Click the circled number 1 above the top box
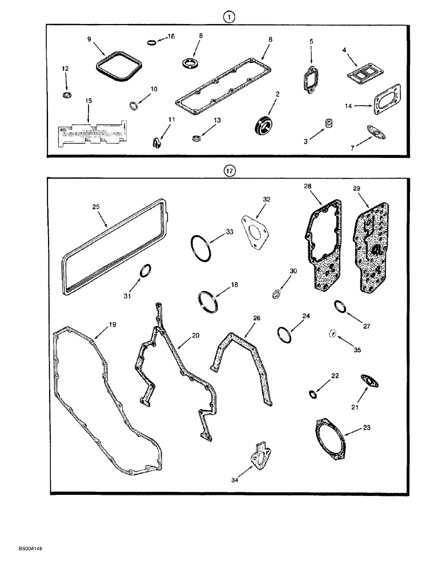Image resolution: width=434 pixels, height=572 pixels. [x=228, y=18]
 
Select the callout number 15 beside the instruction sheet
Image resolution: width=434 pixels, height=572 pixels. [x=89, y=101]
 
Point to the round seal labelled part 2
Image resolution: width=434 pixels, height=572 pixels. [x=264, y=124]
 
